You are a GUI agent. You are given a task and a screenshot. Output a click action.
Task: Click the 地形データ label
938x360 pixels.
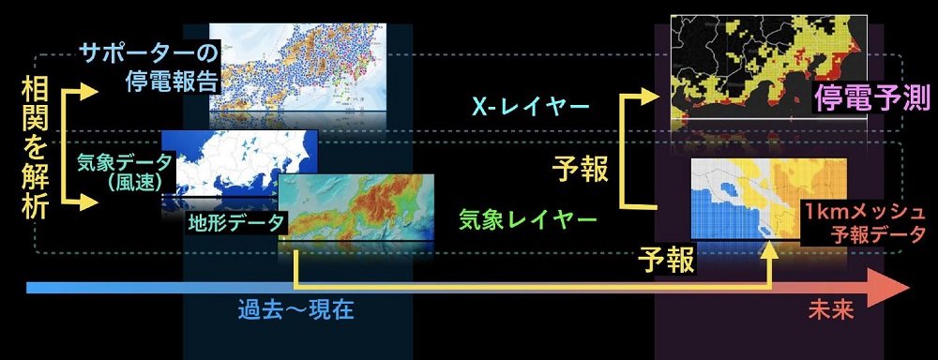point(236,222)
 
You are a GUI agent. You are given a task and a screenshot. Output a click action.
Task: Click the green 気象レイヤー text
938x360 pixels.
point(527,220)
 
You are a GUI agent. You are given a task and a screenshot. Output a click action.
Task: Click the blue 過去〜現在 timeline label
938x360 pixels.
point(296,310)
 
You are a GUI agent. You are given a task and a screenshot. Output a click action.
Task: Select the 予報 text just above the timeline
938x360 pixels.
point(666,259)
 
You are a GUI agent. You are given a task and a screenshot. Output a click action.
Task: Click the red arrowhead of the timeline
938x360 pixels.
point(891,288)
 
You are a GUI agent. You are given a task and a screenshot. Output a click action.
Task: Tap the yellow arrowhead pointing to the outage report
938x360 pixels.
point(87,92)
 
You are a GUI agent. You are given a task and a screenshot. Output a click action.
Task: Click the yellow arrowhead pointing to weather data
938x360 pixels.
point(87,202)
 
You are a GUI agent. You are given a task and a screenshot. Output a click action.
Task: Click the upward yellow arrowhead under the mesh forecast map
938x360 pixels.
point(770,251)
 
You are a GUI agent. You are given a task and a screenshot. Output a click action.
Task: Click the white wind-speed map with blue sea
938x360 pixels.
point(239,163)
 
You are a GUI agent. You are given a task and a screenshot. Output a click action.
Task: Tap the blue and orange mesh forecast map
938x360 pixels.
point(769,199)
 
